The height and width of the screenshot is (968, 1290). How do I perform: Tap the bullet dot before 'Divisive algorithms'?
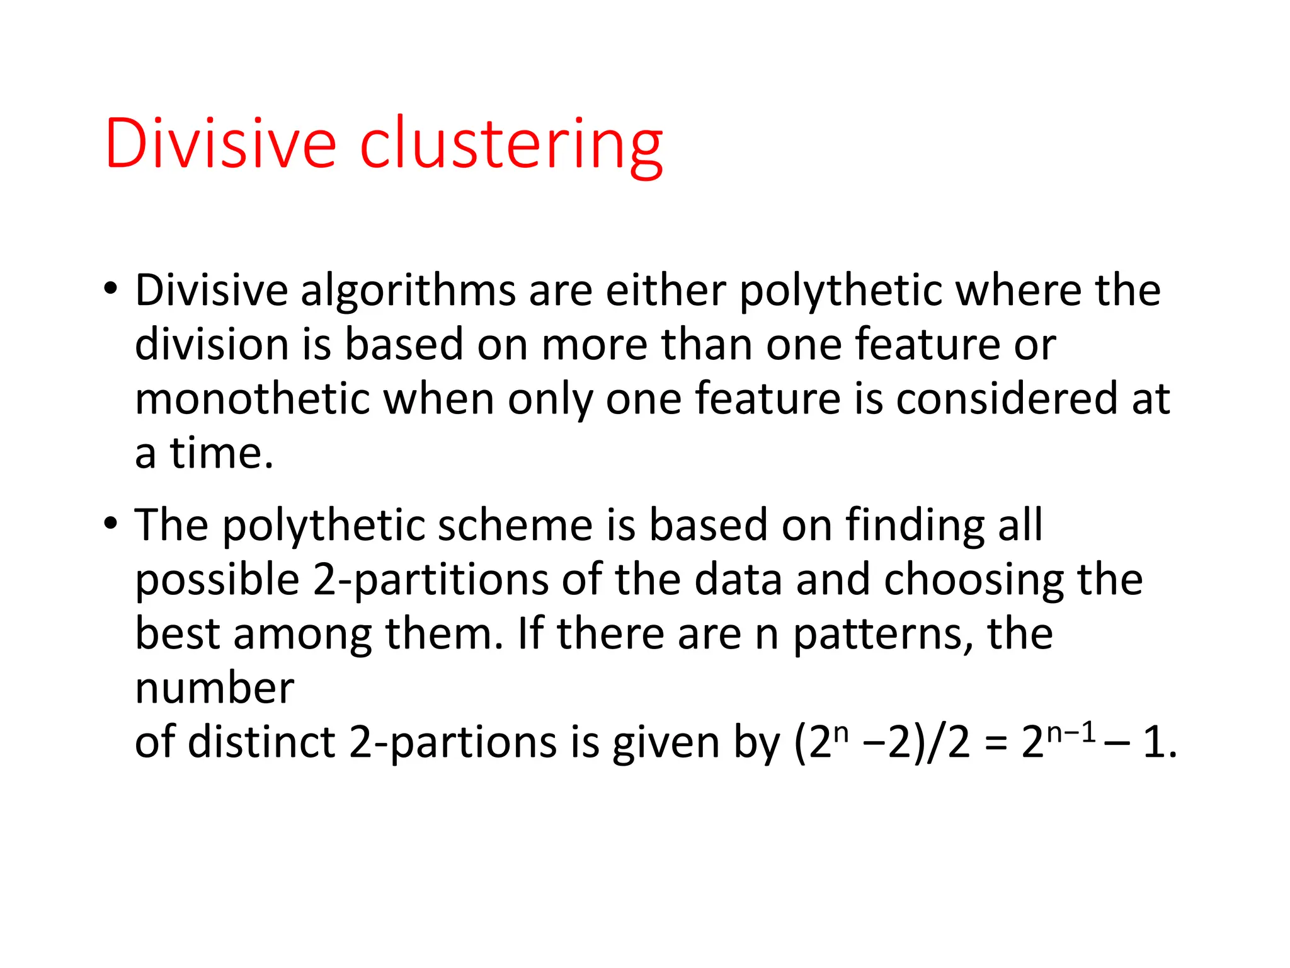point(111,289)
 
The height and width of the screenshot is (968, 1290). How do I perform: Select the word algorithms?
point(408,291)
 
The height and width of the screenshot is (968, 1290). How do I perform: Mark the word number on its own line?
point(215,688)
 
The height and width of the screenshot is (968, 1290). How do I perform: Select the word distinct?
point(261,742)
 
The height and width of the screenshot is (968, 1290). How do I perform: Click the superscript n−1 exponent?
point(1071,732)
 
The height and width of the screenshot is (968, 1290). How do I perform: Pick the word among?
point(302,635)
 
